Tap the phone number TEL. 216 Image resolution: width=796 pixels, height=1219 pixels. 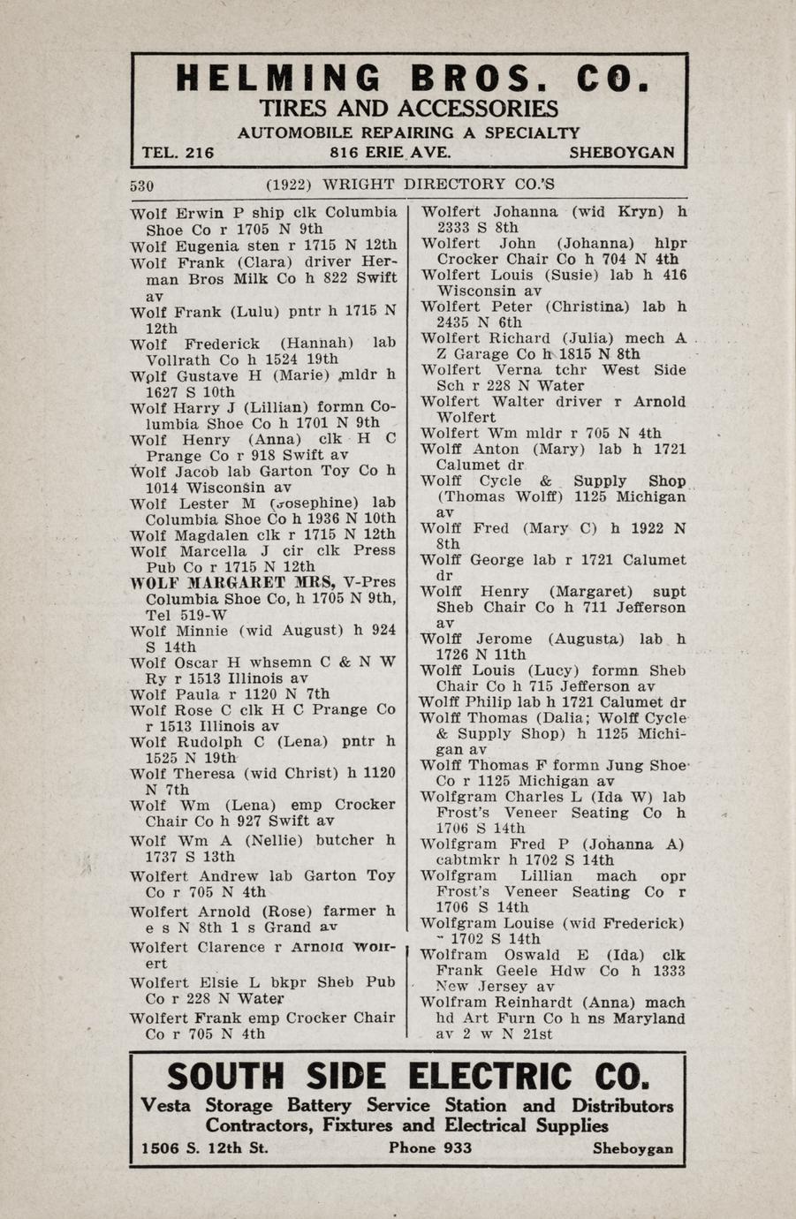178,153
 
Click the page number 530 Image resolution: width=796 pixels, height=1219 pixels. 142,185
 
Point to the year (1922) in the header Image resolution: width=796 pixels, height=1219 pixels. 289,185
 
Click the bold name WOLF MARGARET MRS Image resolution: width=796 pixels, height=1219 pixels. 232,582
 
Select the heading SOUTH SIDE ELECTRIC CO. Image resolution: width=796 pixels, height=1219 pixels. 407,1078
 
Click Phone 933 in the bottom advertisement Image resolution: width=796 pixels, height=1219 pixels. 429,1148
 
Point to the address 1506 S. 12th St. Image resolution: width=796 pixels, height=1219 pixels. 205,1148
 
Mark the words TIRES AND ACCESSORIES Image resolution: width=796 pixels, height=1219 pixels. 408,110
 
